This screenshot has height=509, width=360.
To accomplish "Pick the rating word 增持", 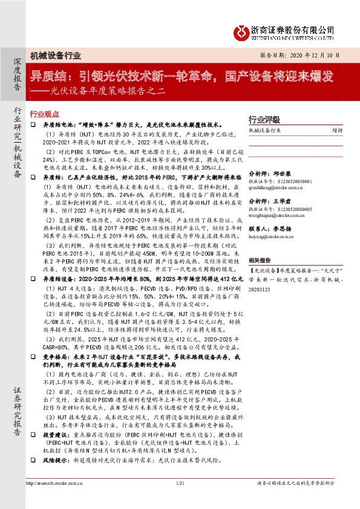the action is [x=338, y=129].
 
